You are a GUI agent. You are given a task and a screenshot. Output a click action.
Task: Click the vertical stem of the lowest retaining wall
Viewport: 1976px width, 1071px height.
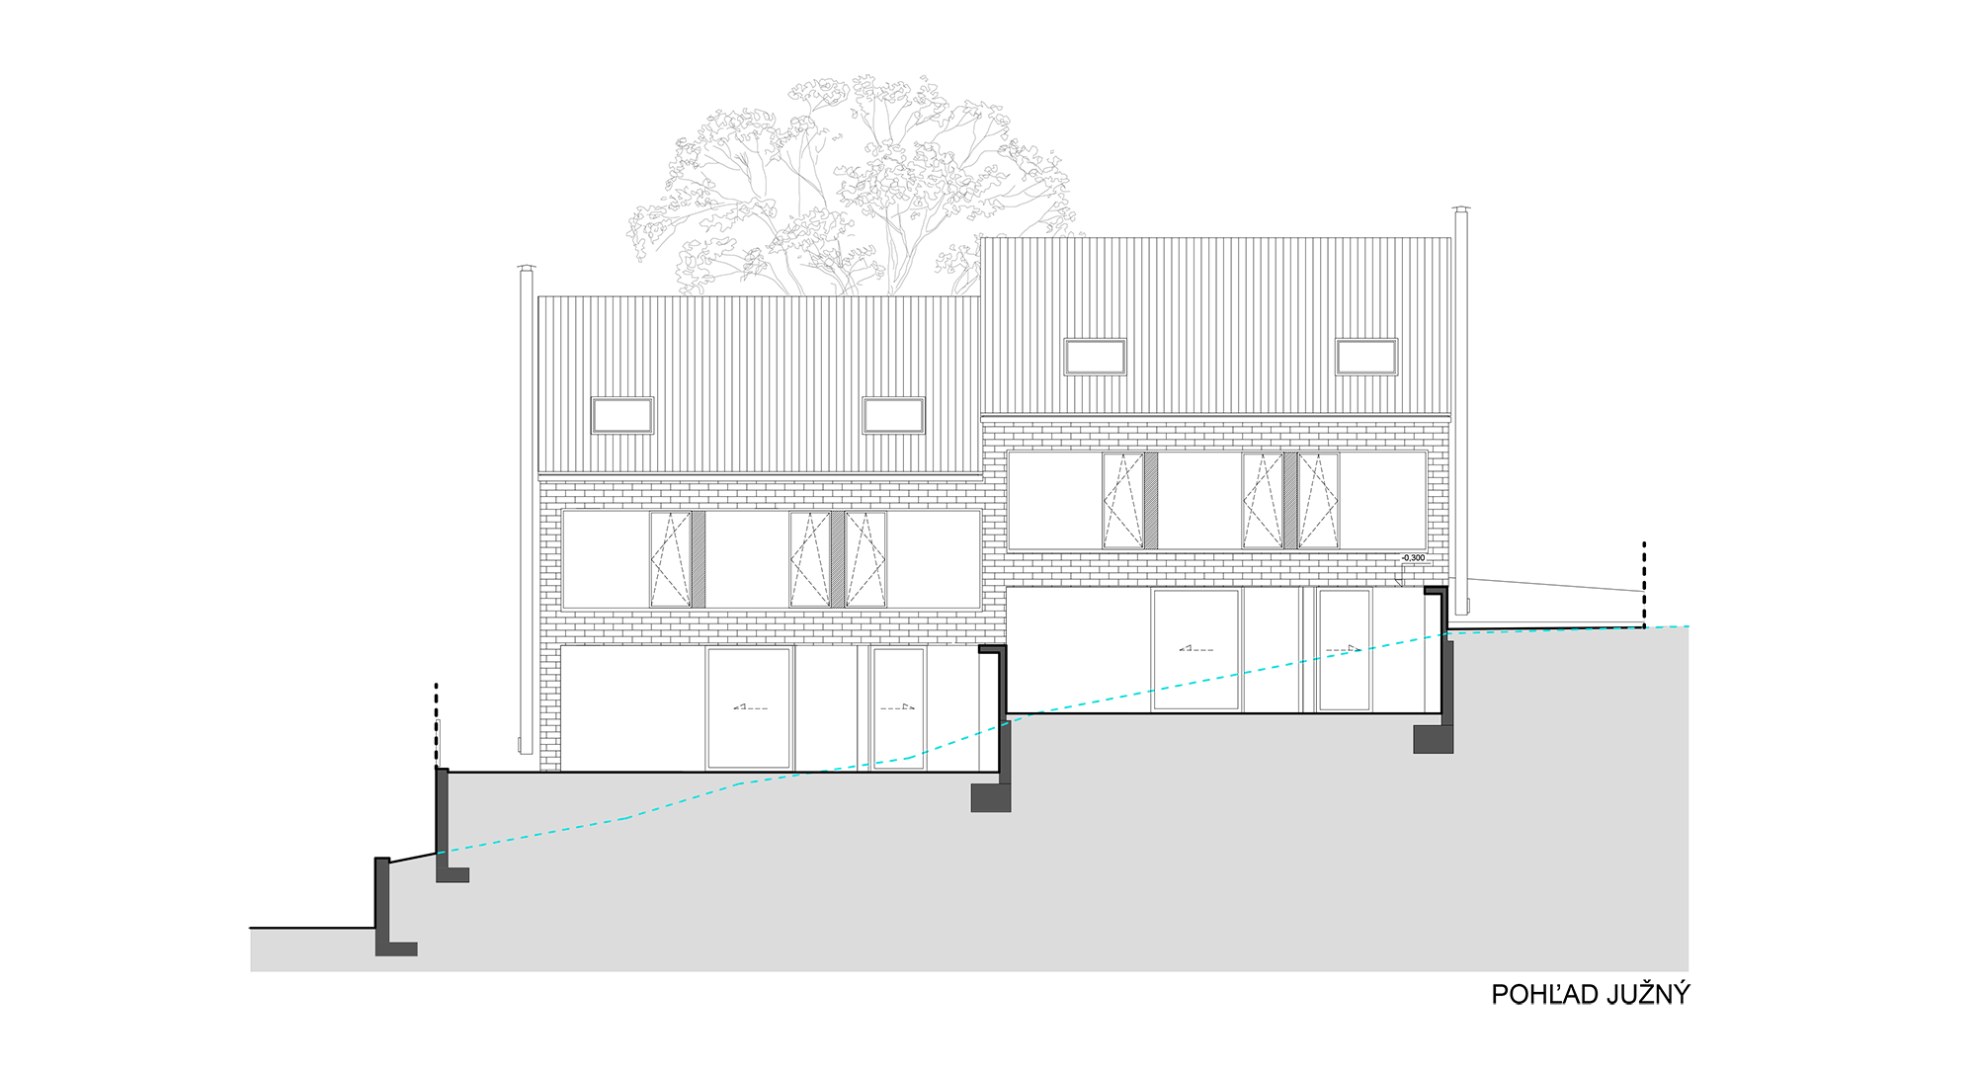pos(382,899)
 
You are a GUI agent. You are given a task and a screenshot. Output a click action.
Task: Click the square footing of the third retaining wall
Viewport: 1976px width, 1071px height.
pos(990,798)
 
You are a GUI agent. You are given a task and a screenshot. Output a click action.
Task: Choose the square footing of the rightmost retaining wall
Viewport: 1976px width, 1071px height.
pos(1433,739)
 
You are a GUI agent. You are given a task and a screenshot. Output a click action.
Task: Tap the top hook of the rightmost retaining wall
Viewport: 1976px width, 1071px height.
pos(1437,591)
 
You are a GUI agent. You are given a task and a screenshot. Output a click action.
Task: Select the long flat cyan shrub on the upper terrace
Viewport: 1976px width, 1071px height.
pos(1196,679)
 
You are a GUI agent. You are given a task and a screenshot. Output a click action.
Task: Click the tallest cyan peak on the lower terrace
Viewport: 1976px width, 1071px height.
pos(956,737)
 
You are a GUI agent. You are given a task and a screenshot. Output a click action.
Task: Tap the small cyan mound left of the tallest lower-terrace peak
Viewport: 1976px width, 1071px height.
pos(899,752)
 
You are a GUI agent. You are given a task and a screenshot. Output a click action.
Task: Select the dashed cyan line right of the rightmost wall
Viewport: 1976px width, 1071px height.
pos(1541,630)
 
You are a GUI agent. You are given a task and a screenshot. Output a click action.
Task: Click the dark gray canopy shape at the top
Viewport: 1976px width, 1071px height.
pos(790,168)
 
